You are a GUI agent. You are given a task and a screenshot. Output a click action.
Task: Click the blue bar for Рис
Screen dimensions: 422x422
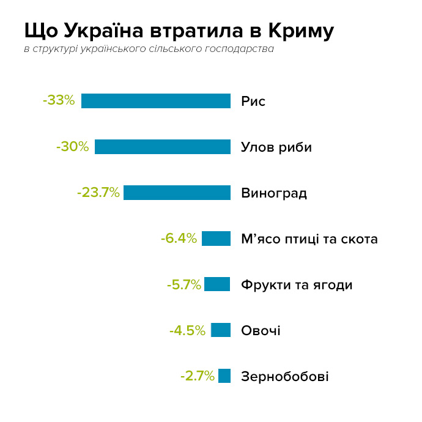(156, 101)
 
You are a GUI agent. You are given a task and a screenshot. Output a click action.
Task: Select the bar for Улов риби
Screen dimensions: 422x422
(163, 147)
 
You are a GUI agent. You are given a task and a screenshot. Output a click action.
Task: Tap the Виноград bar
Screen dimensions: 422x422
(177, 193)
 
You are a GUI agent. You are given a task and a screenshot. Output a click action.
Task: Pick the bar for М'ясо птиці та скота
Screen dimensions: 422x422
(216, 239)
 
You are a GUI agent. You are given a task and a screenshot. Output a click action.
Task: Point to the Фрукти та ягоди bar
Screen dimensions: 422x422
(217, 284)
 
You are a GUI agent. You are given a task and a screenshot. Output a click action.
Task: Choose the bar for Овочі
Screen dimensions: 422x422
(221, 330)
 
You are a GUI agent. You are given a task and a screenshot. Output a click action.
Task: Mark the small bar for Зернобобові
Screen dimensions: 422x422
(224, 376)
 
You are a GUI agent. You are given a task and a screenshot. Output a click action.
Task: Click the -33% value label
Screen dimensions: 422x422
(59, 100)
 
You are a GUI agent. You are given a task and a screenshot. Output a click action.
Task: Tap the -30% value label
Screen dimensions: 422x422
(72, 147)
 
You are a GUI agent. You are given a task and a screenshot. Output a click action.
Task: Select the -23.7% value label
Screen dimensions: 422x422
(98, 193)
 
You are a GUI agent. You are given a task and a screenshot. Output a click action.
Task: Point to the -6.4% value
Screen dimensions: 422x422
(179, 239)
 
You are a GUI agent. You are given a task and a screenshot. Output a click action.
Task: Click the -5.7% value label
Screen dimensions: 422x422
(183, 284)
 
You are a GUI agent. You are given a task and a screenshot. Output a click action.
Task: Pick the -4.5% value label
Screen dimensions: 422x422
(187, 331)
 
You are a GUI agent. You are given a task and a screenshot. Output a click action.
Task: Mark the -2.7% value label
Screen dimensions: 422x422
(197, 376)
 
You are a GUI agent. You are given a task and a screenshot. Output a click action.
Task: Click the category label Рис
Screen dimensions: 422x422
(253, 101)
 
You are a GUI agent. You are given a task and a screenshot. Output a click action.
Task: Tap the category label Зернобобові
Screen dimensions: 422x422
(284, 376)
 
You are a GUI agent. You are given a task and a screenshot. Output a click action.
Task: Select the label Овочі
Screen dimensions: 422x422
(261, 331)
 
